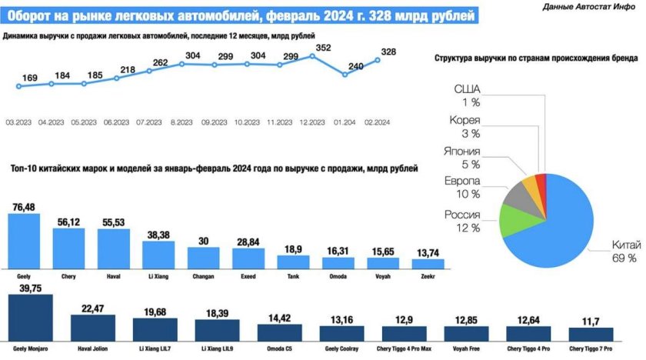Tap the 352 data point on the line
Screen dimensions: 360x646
pyautogui.click(x=312, y=55)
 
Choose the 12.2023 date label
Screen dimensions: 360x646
pyautogui.click(x=313, y=122)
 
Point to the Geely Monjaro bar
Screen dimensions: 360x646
pyautogui.click(x=30, y=317)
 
